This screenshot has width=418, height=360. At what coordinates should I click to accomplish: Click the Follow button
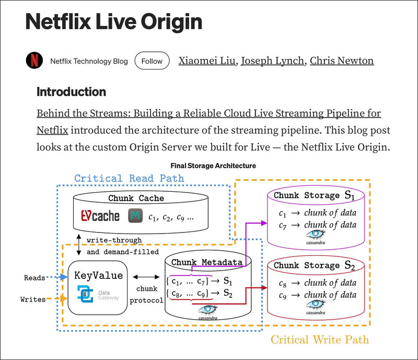152,61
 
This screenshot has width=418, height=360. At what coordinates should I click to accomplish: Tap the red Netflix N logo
34,61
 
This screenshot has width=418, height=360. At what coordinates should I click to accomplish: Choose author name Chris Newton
342,61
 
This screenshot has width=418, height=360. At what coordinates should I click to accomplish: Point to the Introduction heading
71,92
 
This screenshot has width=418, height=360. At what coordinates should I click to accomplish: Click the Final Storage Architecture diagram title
214,166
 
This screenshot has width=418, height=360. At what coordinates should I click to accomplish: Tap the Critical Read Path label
129,178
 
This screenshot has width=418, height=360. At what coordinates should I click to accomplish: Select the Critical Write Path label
320,340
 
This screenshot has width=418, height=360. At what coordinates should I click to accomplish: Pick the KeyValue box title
99,275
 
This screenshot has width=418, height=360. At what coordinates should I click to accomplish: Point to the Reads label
34,278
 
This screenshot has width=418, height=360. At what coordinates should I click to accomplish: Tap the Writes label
33,299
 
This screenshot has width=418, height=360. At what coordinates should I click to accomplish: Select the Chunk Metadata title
207,262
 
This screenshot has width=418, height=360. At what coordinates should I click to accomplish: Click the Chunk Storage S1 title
314,195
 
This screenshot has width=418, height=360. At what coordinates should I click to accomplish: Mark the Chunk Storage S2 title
314,265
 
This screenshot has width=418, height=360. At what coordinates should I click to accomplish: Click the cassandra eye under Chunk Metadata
207,309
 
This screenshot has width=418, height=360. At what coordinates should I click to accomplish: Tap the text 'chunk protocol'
147,294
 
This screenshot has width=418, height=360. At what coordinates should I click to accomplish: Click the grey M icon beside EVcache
135,215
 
